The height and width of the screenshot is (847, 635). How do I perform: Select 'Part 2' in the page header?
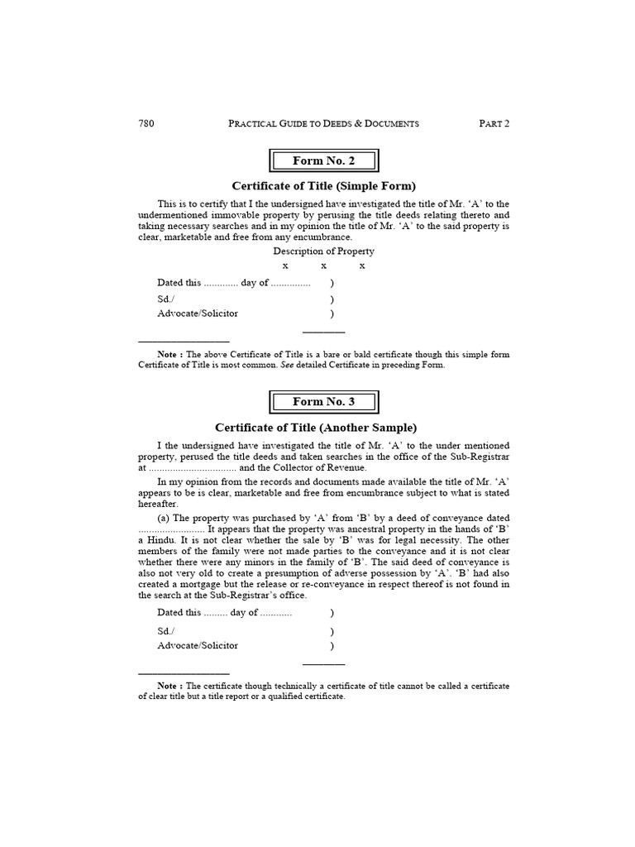tap(494, 123)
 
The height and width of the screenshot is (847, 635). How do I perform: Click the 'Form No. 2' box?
tap(323, 160)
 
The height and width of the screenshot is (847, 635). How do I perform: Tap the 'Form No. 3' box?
tap(323, 402)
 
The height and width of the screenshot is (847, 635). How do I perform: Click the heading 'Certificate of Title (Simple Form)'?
tap(323, 186)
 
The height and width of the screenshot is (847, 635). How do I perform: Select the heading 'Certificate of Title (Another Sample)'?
tap(316, 428)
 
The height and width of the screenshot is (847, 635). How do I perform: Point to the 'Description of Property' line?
tap(323, 251)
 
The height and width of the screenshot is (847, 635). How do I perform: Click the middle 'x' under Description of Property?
tap(323, 266)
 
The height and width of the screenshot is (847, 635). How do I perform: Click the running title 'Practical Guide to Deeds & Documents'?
tap(323, 123)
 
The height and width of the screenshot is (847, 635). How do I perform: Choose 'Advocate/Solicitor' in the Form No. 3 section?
tap(198, 645)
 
